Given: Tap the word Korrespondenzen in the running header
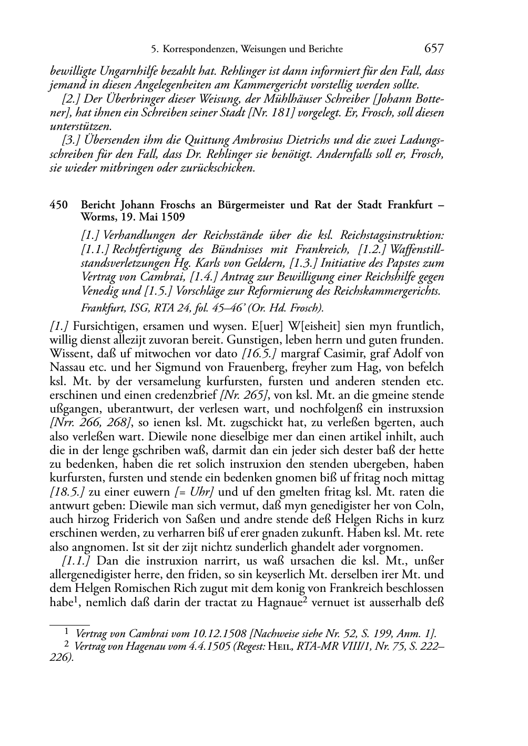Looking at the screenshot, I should (x=197, y=49).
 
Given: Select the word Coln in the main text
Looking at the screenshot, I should (x=433, y=506).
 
